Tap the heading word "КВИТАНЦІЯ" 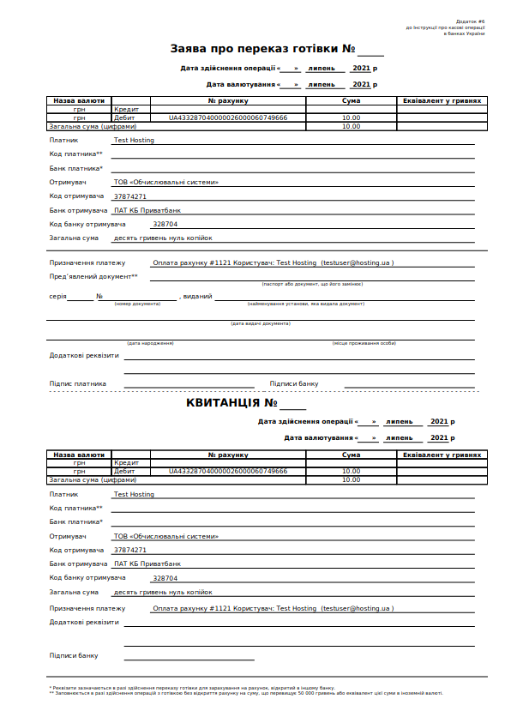(x=224, y=402)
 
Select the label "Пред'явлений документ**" (x=93, y=276)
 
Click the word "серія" (x=57, y=297)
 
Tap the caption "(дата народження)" (x=150, y=343)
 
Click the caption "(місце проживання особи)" (x=364, y=343)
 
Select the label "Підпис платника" (x=78, y=383)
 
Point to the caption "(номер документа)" (x=137, y=304)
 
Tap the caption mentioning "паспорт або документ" (x=312, y=283)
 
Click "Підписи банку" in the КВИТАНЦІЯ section (x=74, y=655)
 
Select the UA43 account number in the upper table (x=227, y=117)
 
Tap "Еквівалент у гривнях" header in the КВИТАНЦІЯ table (x=442, y=455)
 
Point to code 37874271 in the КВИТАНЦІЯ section (x=130, y=550)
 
